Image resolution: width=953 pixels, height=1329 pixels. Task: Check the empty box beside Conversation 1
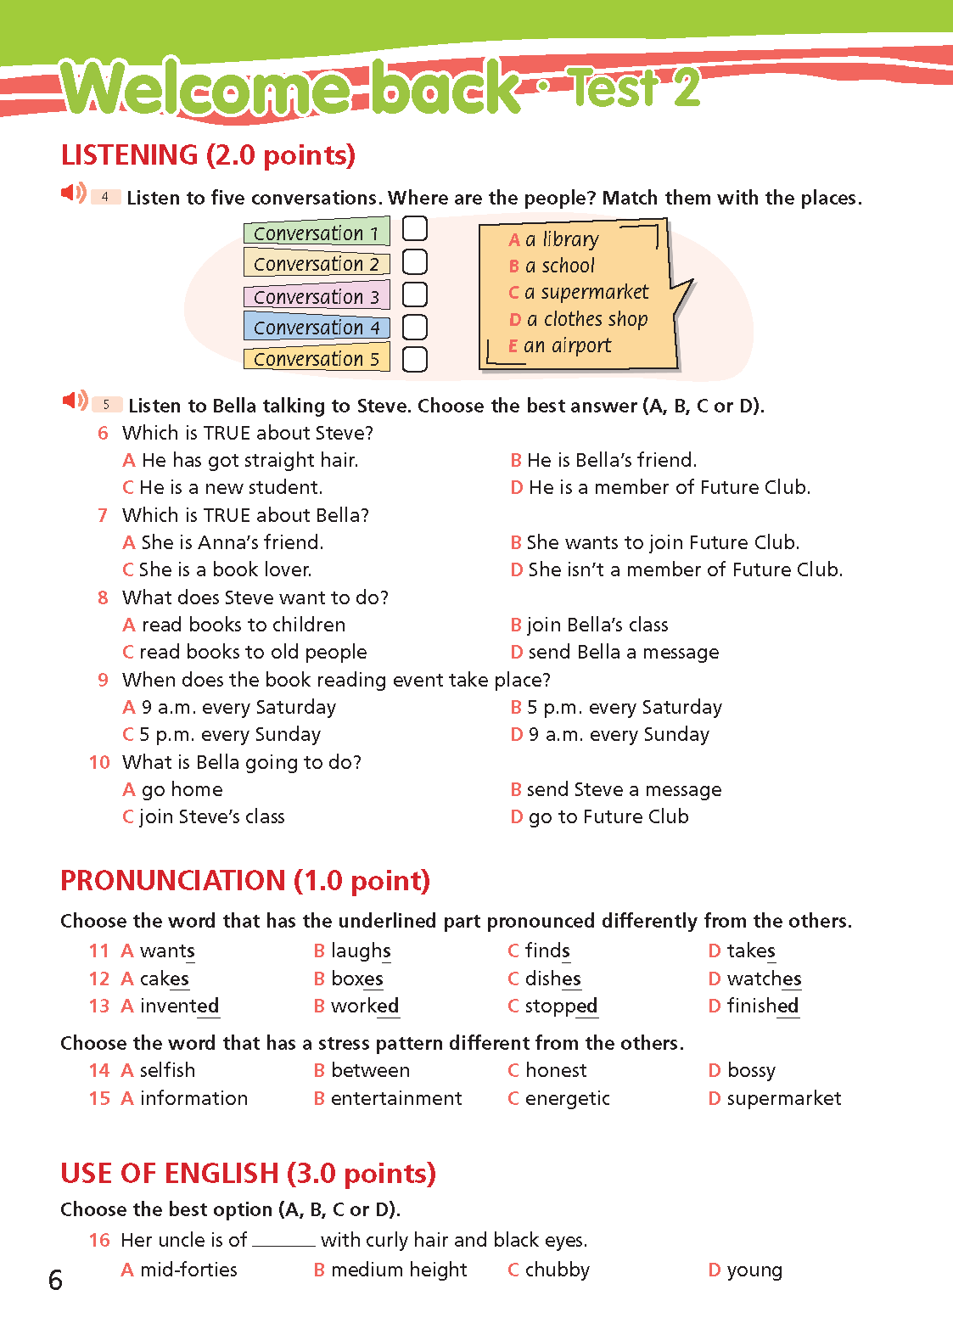coord(414,228)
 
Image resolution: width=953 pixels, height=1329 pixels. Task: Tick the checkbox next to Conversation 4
coord(414,327)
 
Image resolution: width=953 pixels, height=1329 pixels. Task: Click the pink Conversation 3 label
coord(317,296)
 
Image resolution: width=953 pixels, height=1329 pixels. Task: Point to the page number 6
coord(55,1280)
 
